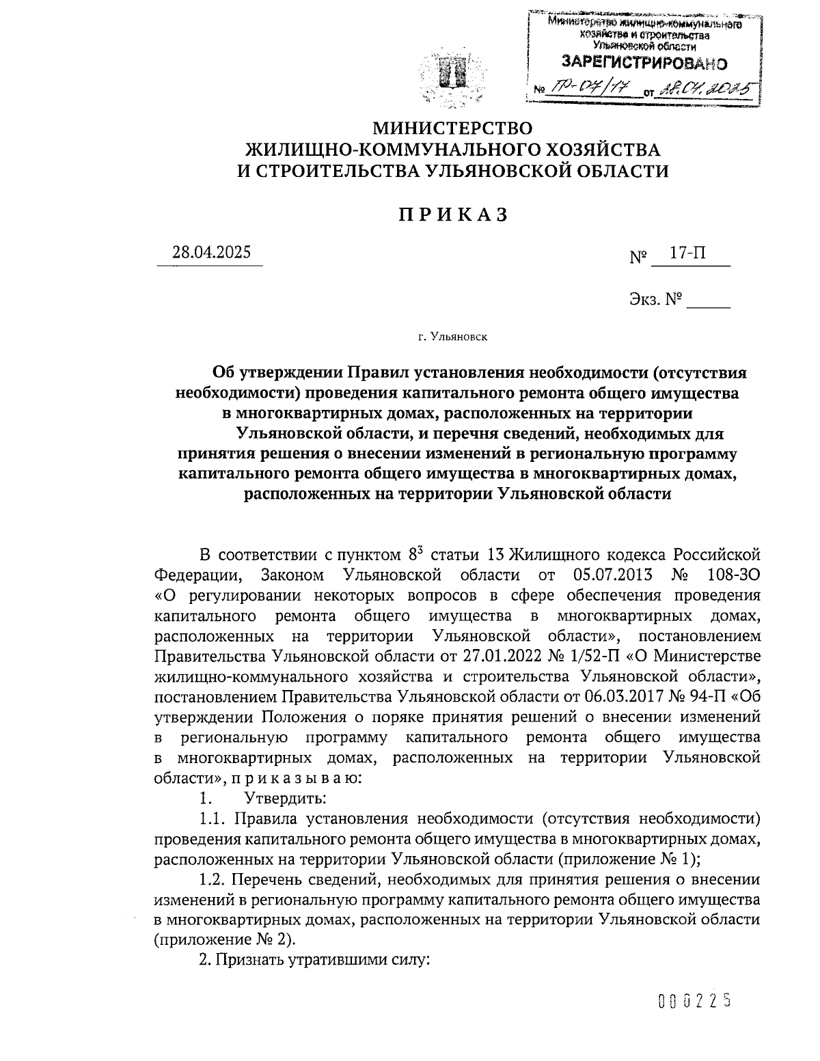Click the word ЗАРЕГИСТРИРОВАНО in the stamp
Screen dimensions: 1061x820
click(644, 64)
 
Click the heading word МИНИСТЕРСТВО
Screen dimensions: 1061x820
click(452, 128)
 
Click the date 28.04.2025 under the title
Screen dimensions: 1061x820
click(211, 252)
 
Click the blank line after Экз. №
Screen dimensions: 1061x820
click(708, 299)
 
